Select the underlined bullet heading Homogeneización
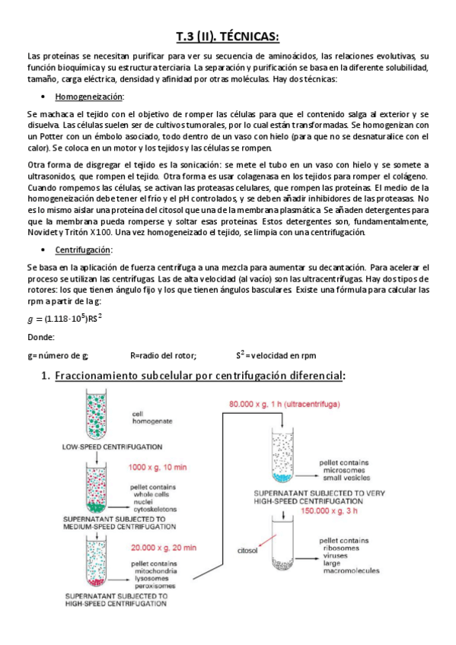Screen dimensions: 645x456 coord(89,97)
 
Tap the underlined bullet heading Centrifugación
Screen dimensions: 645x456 coord(84,250)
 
